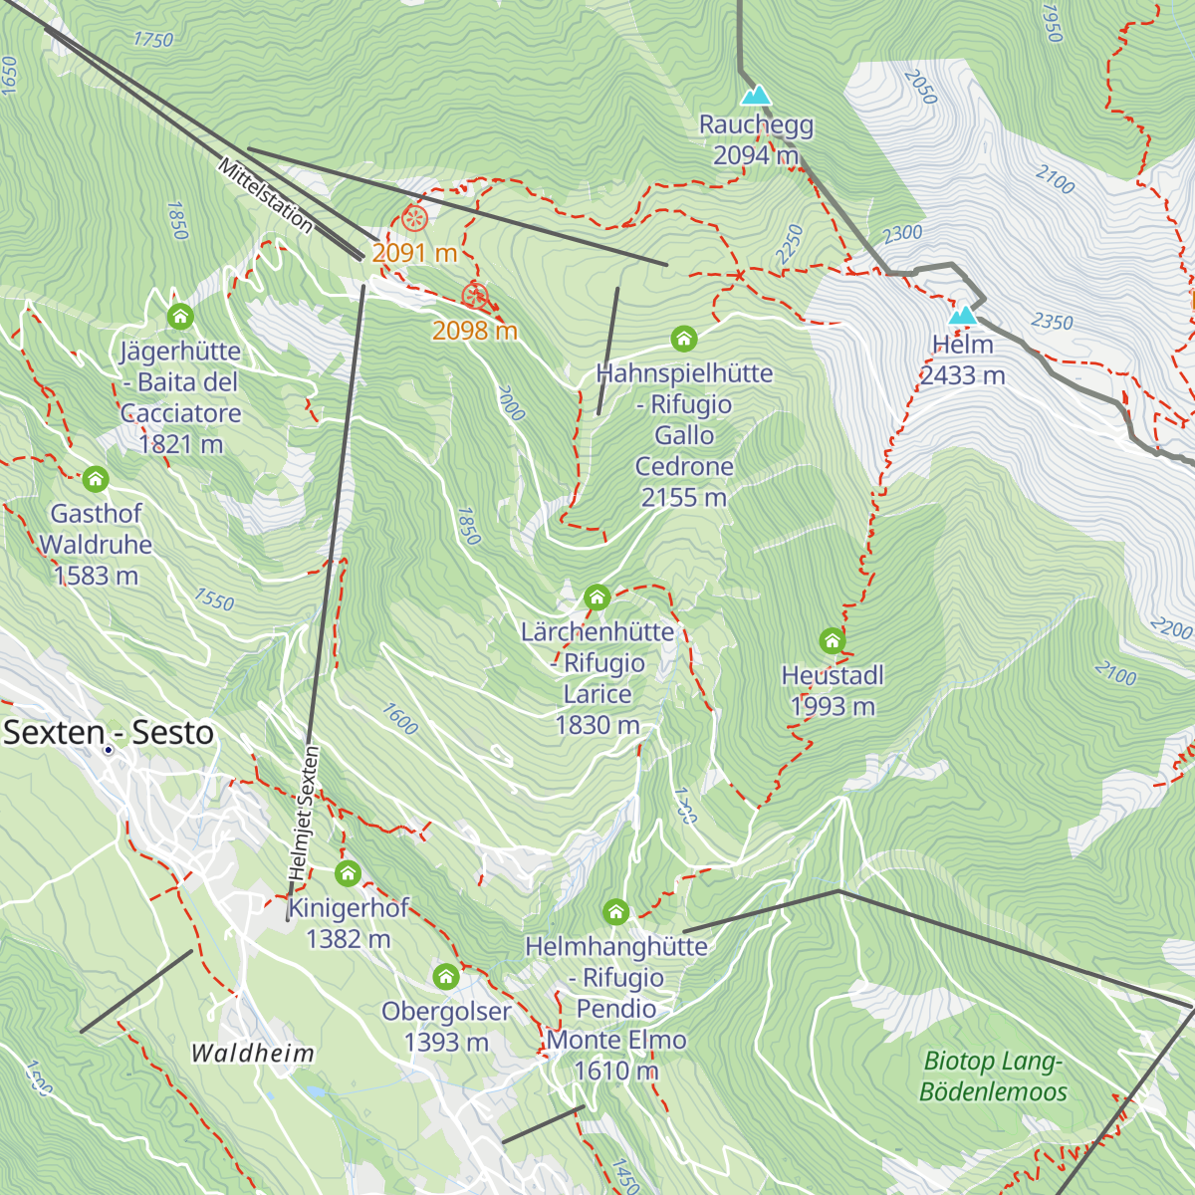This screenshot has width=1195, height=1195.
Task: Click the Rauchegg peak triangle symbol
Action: pyautogui.click(x=756, y=96)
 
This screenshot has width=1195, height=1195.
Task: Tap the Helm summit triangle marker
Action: pyautogui.click(x=962, y=316)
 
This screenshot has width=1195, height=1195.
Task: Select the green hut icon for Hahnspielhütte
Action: pyautogui.click(x=683, y=339)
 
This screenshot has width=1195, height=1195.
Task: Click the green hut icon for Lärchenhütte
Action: pyautogui.click(x=597, y=597)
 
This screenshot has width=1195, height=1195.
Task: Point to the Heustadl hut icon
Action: pyautogui.click(x=833, y=640)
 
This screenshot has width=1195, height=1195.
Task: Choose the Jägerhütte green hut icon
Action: pyautogui.click(x=180, y=317)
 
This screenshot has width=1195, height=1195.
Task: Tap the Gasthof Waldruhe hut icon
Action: pyautogui.click(x=96, y=479)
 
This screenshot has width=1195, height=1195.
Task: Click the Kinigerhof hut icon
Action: pyautogui.click(x=348, y=873)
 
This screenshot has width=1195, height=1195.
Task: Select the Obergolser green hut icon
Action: pyautogui.click(x=446, y=976)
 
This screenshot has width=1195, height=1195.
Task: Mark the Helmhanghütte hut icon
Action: pyautogui.click(x=615, y=911)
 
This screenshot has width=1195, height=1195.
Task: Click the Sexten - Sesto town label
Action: pyautogui.click(x=109, y=733)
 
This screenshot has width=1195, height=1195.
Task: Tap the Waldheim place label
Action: pyautogui.click(x=252, y=1053)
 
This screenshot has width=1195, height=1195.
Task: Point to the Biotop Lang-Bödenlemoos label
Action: pyautogui.click(x=993, y=1076)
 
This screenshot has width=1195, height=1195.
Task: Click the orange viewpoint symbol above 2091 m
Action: pyautogui.click(x=415, y=217)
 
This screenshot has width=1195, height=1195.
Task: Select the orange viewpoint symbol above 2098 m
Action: pyautogui.click(x=475, y=296)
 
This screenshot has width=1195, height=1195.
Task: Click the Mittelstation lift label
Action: pyautogui.click(x=266, y=195)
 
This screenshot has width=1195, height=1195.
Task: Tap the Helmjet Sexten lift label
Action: pyautogui.click(x=304, y=813)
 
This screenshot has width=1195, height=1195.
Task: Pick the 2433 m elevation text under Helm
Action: pyautogui.click(x=962, y=375)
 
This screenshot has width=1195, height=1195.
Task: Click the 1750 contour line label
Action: pyautogui.click(x=152, y=39)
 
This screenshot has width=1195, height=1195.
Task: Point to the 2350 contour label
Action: pyautogui.click(x=1052, y=321)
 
